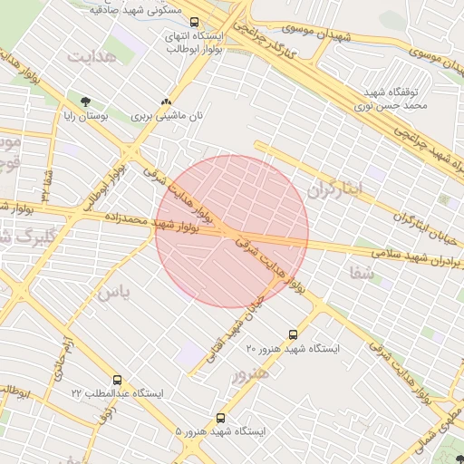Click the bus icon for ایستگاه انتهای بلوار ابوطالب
coord(196,20)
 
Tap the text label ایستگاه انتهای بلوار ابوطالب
coord(195,41)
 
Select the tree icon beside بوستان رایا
coord(85,102)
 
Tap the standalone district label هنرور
coord(250,373)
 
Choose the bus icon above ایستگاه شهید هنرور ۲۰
coord(293,334)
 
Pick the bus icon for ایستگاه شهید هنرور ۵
coord(221,419)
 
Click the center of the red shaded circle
coord(232,231)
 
